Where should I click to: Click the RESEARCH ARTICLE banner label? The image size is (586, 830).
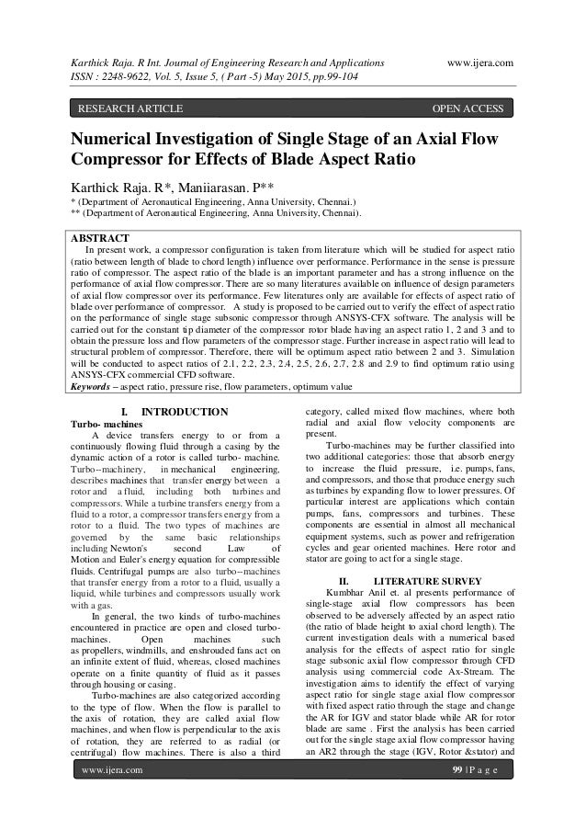point(130,110)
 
